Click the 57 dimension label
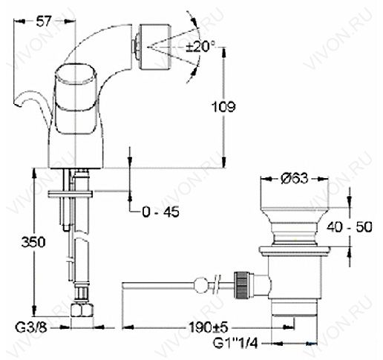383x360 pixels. (43, 21)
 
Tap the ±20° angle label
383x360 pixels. (200, 46)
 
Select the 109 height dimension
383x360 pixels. (223, 107)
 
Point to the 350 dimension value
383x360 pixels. (33, 242)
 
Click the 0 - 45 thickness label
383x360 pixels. (161, 212)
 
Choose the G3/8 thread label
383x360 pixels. (31, 328)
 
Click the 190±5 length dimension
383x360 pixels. (208, 328)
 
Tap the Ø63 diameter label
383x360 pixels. (295, 178)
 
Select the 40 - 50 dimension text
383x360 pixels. (349, 226)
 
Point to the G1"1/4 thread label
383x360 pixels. (235, 343)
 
